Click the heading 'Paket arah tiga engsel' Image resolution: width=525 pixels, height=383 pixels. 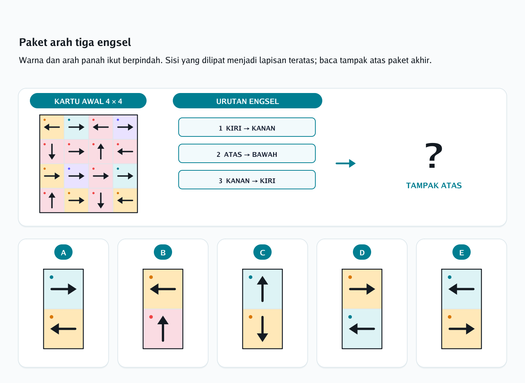[75, 42]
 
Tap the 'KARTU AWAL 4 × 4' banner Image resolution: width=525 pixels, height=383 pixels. [88, 101]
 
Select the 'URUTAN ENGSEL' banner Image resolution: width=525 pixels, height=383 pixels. [247, 101]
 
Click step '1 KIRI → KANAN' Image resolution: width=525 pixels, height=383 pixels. [247, 127]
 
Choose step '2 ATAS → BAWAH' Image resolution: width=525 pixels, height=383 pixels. [247, 154]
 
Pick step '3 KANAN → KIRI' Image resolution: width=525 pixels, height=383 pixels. [247, 180]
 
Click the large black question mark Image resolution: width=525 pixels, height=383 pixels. [434, 155]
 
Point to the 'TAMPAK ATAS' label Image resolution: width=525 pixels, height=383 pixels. [434, 186]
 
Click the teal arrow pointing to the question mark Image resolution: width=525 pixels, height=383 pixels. [346, 163]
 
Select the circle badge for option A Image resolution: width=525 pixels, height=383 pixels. [63, 252]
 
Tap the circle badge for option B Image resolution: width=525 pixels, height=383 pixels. [163, 252]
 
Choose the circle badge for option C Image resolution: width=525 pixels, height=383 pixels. [262, 252]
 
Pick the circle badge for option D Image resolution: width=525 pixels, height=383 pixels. [362, 252]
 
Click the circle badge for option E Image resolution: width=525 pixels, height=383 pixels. [462, 252]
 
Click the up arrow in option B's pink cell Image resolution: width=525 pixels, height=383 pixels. [163, 329]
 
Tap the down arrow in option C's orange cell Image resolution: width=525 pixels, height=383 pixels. [262, 329]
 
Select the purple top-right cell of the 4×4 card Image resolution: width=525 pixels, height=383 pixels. [125, 127]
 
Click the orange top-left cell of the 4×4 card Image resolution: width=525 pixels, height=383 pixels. [52, 127]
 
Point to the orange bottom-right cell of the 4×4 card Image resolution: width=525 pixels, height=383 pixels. [125, 200]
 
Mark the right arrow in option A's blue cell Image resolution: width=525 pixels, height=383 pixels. [63, 289]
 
